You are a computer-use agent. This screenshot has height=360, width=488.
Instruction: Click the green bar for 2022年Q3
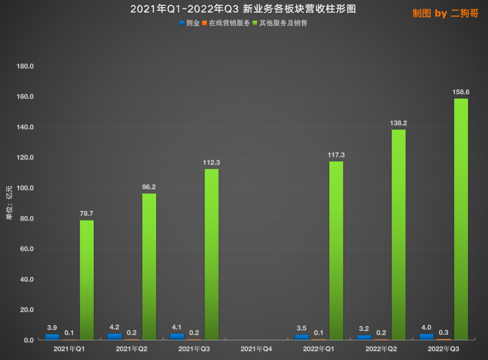pos(461,219)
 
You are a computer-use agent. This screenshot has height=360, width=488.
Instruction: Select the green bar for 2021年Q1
pos(87,280)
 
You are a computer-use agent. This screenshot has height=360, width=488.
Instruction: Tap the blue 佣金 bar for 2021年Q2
pos(115,337)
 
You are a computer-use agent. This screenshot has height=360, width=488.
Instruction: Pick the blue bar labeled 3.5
pos(302,337)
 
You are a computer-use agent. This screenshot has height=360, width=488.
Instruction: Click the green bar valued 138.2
pos(398,234)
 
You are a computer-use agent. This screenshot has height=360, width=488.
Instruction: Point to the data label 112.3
pos(212,162)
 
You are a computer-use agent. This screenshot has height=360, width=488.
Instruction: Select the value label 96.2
pos(149,187)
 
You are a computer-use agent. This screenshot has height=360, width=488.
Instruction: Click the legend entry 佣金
pos(190,23)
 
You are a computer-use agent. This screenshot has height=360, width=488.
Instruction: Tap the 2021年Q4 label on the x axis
pos(256,349)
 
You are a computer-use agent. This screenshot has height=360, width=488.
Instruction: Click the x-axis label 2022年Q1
pos(319,349)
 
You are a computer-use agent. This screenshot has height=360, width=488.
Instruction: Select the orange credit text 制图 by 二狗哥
pos(446,14)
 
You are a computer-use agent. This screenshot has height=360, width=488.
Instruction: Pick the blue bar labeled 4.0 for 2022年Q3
pos(426,337)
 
